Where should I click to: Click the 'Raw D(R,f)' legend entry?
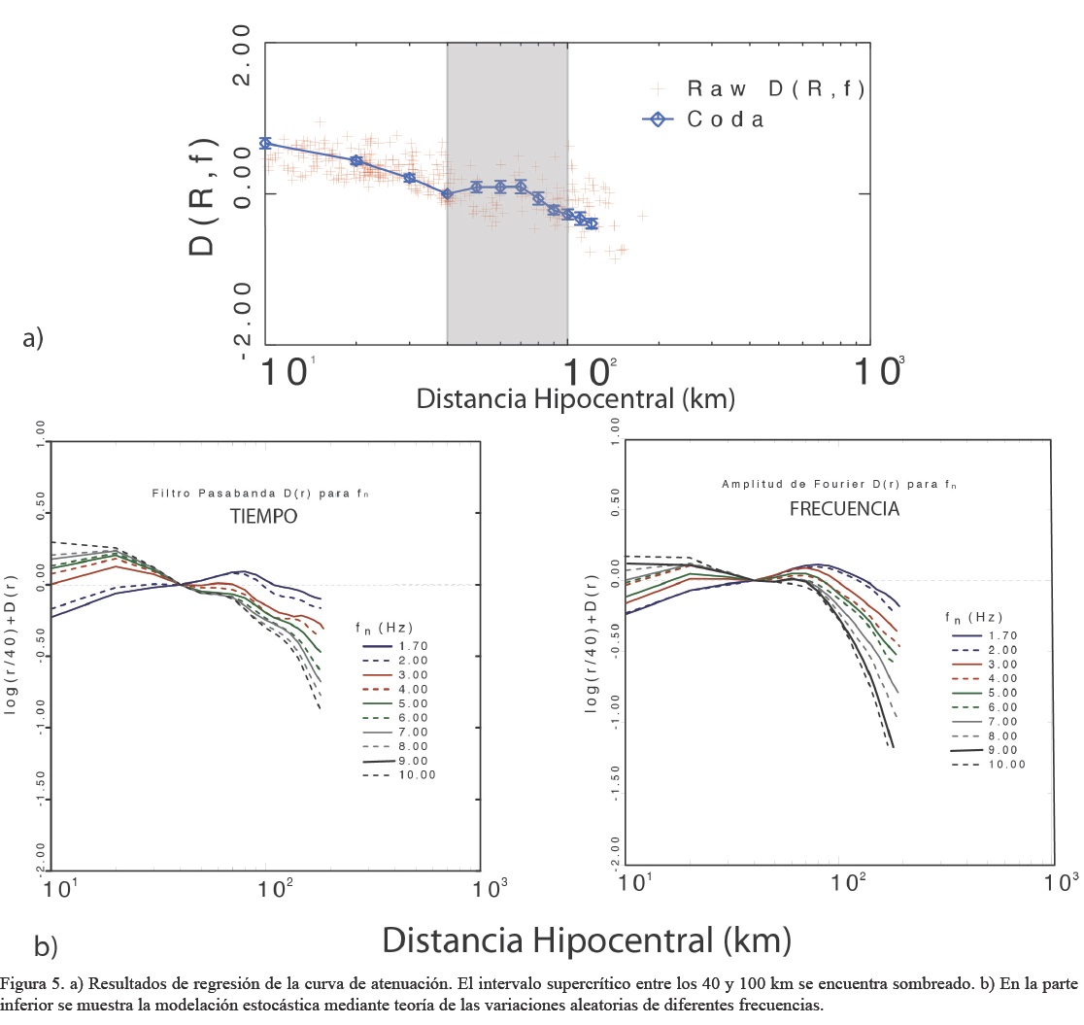pos(775,89)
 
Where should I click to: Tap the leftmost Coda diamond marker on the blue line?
pos(265,144)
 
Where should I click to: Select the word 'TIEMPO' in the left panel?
pos(257,519)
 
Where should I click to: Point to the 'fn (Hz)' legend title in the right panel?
pos(973,616)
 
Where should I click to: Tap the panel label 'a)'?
pos(33,338)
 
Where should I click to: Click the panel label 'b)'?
pos(46,945)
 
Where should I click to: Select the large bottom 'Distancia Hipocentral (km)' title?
pos(587,940)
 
